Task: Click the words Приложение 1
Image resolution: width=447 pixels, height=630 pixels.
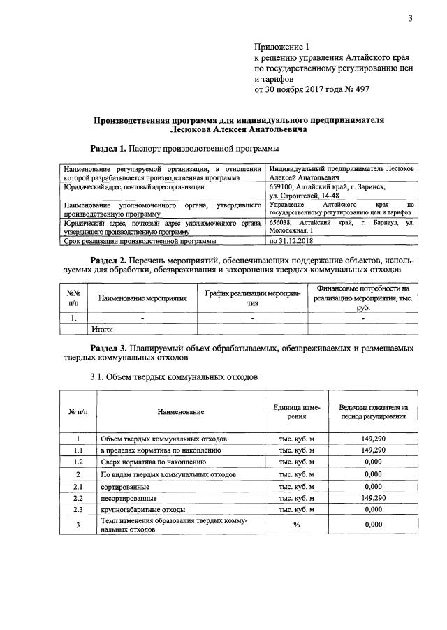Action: point(278,47)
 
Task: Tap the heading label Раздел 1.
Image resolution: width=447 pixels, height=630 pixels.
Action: point(108,149)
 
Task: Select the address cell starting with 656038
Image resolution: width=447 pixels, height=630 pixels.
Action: point(341,226)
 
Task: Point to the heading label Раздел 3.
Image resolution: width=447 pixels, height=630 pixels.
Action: point(108,347)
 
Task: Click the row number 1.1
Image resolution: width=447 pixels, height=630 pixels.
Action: point(78,450)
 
